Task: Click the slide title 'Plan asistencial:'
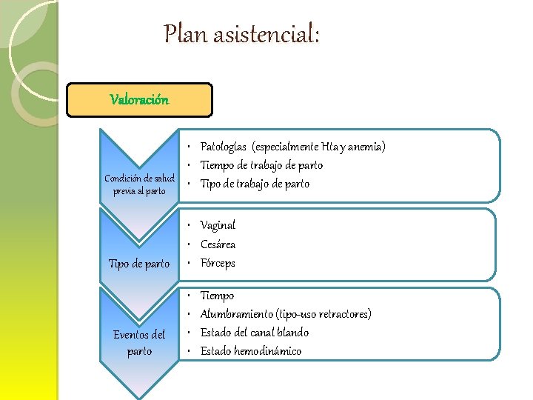242,34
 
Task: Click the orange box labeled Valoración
139,99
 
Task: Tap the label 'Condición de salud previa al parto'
139,184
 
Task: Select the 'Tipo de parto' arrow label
139,264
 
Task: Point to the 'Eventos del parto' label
139,343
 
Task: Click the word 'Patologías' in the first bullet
224,147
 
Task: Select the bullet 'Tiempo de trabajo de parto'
261,165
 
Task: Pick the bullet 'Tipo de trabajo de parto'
255,184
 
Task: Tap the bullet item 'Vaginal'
218,225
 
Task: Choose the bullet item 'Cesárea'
218,244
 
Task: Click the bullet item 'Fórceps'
218,263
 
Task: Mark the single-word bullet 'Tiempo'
217,296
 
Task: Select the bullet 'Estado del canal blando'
255,333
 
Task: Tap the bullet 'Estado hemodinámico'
251,351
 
